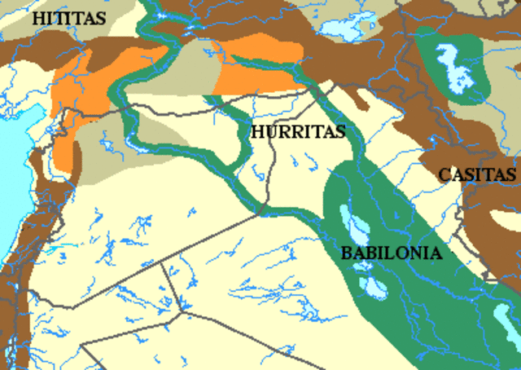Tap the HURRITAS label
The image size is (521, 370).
298,131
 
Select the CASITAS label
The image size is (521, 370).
477,174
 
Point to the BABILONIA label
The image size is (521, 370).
391,253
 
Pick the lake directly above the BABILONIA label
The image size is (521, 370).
356,218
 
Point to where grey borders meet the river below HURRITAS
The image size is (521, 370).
260,214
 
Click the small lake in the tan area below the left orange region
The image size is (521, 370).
107,146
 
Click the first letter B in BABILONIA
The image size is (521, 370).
346,253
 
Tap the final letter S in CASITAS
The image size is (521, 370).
511,174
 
